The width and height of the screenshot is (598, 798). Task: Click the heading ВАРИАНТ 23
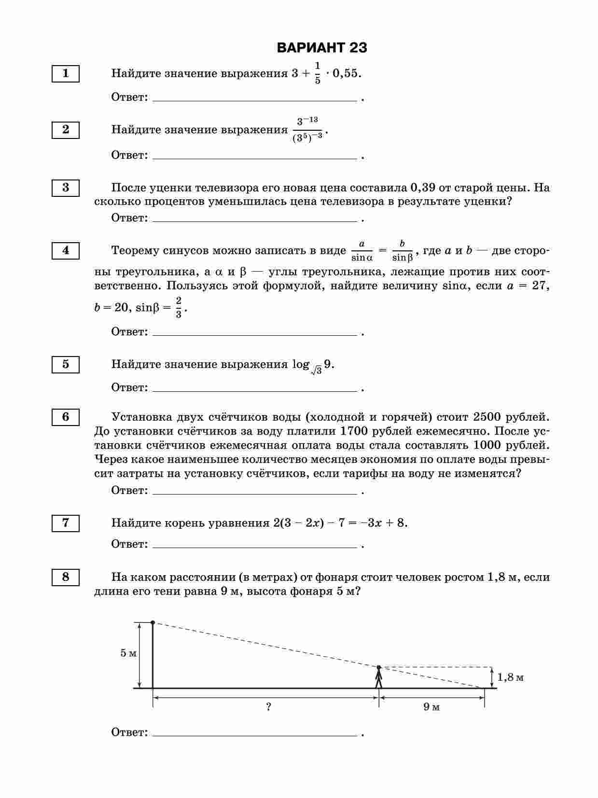322,48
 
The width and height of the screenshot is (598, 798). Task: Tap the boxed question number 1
66,73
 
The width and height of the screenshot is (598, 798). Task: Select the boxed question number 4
66,250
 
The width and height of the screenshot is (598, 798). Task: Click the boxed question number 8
66,577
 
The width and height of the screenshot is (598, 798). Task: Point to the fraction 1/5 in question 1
318,73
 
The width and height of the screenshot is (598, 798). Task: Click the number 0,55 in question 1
346,73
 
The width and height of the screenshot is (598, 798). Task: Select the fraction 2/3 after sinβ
179,307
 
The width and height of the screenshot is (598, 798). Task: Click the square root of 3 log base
317,370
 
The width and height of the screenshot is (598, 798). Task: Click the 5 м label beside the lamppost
128,653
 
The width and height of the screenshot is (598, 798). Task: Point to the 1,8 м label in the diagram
510,677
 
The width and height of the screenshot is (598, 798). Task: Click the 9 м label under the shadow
431,707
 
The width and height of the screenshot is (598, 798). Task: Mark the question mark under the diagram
268,707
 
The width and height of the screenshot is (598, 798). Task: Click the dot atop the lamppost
153,623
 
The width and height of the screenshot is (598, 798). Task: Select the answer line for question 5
254,391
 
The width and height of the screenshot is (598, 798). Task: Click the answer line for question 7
254,547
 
